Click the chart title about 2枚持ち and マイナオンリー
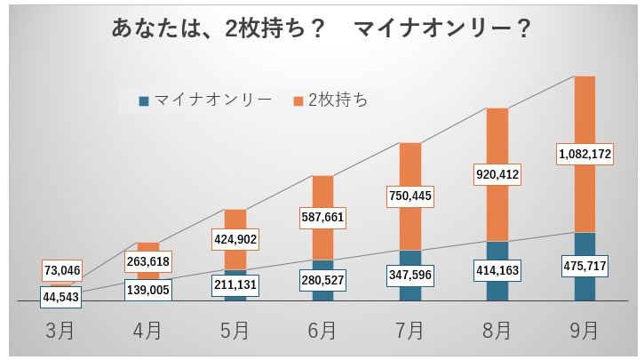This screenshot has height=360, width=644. (x=322, y=29)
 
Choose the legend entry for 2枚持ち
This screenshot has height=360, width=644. (x=330, y=100)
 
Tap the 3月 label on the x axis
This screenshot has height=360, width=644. (x=61, y=331)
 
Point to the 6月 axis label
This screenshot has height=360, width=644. (x=322, y=331)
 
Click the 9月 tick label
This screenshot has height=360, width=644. (x=584, y=331)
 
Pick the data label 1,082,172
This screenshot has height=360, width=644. (x=584, y=155)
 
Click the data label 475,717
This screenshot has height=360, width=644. (x=584, y=265)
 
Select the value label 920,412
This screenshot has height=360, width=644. (x=497, y=174)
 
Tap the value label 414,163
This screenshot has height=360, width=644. (x=497, y=269)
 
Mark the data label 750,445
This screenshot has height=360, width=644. (x=409, y=195)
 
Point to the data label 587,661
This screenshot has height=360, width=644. (x=322, y=217)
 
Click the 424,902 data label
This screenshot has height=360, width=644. (x=235, y=238)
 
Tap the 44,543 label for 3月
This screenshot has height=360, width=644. (x=61, y=297)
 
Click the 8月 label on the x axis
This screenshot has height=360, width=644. (x=497, y=331)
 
